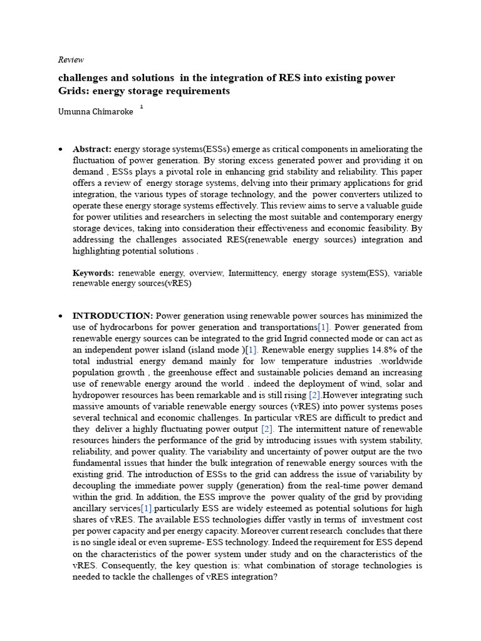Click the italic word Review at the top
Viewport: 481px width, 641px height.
click(70, 60)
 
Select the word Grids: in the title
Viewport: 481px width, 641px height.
click(74, 91)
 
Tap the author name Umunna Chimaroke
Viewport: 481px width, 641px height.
click(95, 111)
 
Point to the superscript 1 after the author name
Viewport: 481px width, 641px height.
click(142, 107)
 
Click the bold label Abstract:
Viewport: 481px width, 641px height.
click(92, 149)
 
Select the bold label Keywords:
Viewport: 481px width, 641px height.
click(93, 273)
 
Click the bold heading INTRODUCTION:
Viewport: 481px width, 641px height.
click(113, 315)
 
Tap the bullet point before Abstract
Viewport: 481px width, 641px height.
click(59, 150)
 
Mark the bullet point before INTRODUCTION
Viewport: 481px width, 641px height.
click(59, 315)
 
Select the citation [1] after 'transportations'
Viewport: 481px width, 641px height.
click(324, 327)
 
